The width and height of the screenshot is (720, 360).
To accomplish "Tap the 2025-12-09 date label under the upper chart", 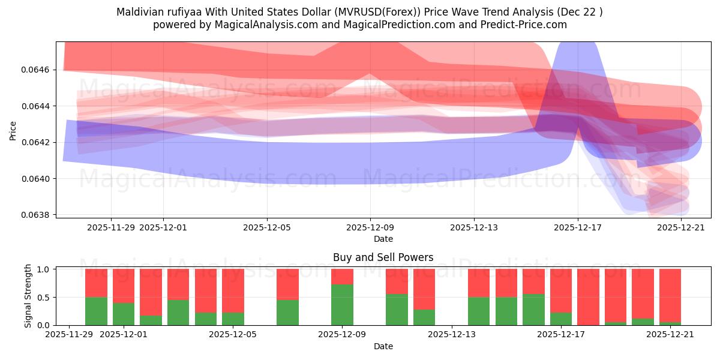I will click(370, 227).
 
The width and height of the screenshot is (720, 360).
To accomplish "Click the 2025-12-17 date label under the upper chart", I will click(577, 227).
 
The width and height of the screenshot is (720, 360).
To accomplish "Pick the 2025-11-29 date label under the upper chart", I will click(111, 227).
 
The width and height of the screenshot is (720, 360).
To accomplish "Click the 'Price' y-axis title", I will click(13, 130).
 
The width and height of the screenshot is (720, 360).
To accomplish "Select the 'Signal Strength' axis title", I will click(28, 296).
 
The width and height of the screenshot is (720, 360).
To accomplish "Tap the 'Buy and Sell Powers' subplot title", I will click(383, 257).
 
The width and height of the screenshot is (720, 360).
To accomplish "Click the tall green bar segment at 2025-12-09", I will click(342, 305).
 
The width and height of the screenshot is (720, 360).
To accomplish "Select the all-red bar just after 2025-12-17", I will click(588, 297).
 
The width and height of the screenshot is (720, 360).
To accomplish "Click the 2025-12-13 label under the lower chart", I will click(451, 335).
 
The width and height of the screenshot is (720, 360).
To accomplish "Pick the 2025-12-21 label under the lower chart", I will click(670, 335).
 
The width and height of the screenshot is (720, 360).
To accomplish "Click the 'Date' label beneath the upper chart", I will click(383, 239).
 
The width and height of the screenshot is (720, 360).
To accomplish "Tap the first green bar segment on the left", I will click(96, 311).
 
